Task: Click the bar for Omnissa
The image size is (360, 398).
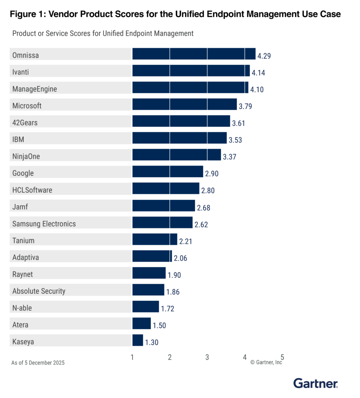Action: [194, 54]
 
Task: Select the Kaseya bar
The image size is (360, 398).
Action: [138, 340]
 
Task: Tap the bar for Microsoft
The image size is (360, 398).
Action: [184, 105]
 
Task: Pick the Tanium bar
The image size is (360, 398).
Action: [155, 239]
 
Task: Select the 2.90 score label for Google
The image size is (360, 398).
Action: [211, 174]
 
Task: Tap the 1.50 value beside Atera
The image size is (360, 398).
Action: [159, 325]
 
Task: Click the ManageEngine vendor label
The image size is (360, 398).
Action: [35, 89]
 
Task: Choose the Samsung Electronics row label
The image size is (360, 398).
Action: [44, 224]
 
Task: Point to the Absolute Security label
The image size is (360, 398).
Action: [39, 291]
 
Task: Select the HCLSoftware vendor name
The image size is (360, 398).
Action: [32, 190]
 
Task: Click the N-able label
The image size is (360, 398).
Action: [22, 308]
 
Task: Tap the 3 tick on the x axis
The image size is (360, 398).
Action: [207, 357]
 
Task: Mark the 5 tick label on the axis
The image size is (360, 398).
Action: [282, 357]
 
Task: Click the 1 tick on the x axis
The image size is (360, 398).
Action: [132, 357]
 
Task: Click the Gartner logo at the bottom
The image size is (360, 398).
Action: [315, 384]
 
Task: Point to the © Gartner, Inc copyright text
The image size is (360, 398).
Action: [266, 362]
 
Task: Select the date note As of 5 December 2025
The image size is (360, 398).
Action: [38, 363]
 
